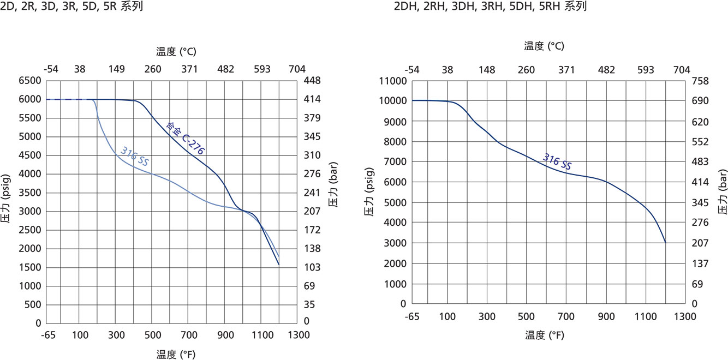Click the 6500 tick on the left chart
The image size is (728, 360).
[30, 81]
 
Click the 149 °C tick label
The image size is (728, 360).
[117, 69]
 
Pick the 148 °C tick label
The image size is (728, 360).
[487, 70]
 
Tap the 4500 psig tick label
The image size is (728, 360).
[30, 155]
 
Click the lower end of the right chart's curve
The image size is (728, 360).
[665, 242]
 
